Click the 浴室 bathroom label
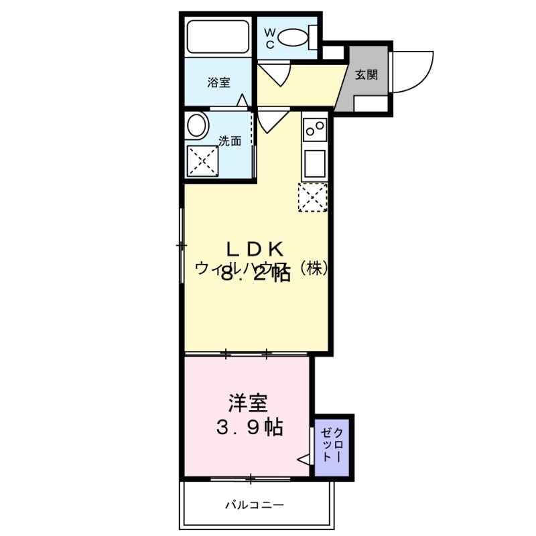pyautogui.click(x=218, y=83)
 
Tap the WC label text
pyautogui.click(x=269, y=38)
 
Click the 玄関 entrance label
pyautogui.click(x=366, y=74)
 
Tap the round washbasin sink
pyautogui.click(x=197, y=125)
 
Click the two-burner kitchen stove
pyautogui.click(x=314, y=129)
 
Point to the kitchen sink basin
pyautogui.click(x=314, y=161)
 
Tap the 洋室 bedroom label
pyautogui.click(x=248, y=403)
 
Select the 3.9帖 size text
pyautogui.click(x=249, y=427)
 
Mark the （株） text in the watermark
pyautogui.click(x=313, y=268)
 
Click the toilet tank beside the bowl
pyautogui.click(x=312, y=38)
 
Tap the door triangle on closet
pyautogui.click(x=304, y=460)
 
